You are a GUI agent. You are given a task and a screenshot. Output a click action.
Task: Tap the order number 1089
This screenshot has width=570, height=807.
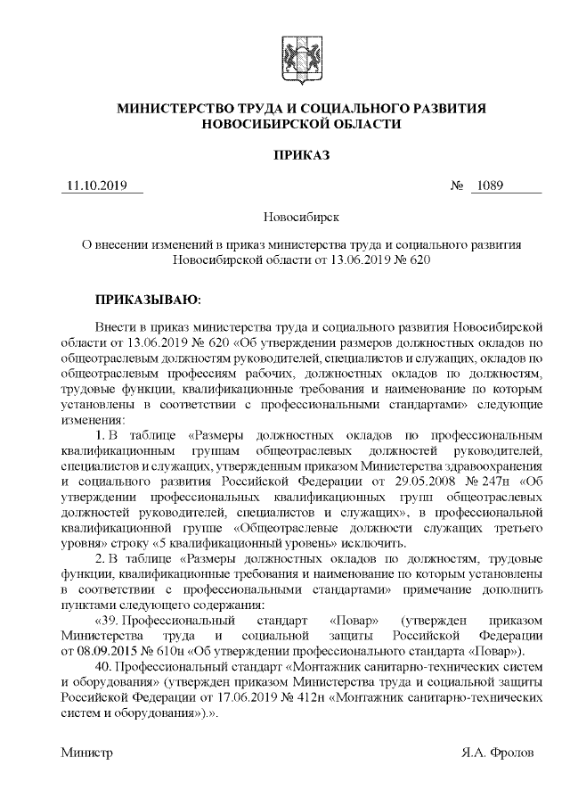(x=490, y=186)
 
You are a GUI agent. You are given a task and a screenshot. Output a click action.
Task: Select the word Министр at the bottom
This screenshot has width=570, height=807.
(x=87, y=753)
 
